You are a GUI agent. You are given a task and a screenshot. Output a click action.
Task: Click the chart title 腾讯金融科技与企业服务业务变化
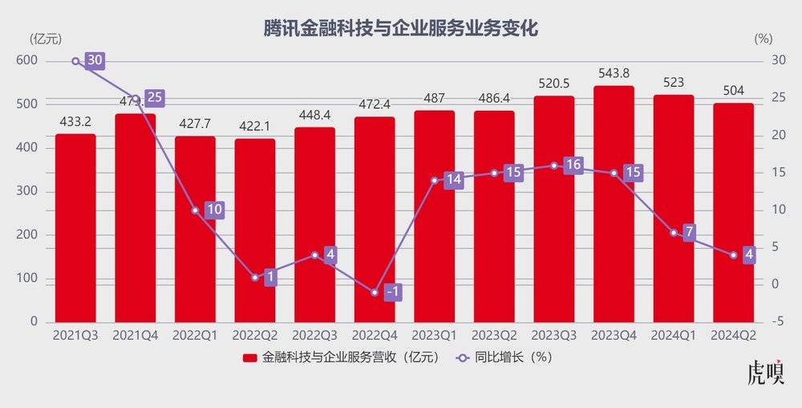401,29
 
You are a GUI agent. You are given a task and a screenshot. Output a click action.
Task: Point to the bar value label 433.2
75,123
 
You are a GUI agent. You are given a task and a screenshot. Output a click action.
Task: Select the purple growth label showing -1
392,292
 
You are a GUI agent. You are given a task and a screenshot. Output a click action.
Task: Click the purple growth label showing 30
95,61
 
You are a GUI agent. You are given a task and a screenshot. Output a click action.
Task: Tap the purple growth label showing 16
573,166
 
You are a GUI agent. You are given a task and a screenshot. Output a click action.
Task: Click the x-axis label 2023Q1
435,335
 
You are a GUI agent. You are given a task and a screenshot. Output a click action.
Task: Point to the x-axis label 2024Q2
734,335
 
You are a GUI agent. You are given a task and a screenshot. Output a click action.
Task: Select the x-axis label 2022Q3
314,335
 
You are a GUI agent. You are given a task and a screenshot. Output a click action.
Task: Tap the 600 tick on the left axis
27,61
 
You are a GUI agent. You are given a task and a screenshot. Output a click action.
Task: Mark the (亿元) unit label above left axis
46,38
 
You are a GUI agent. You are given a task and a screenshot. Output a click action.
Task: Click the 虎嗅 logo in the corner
764,375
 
